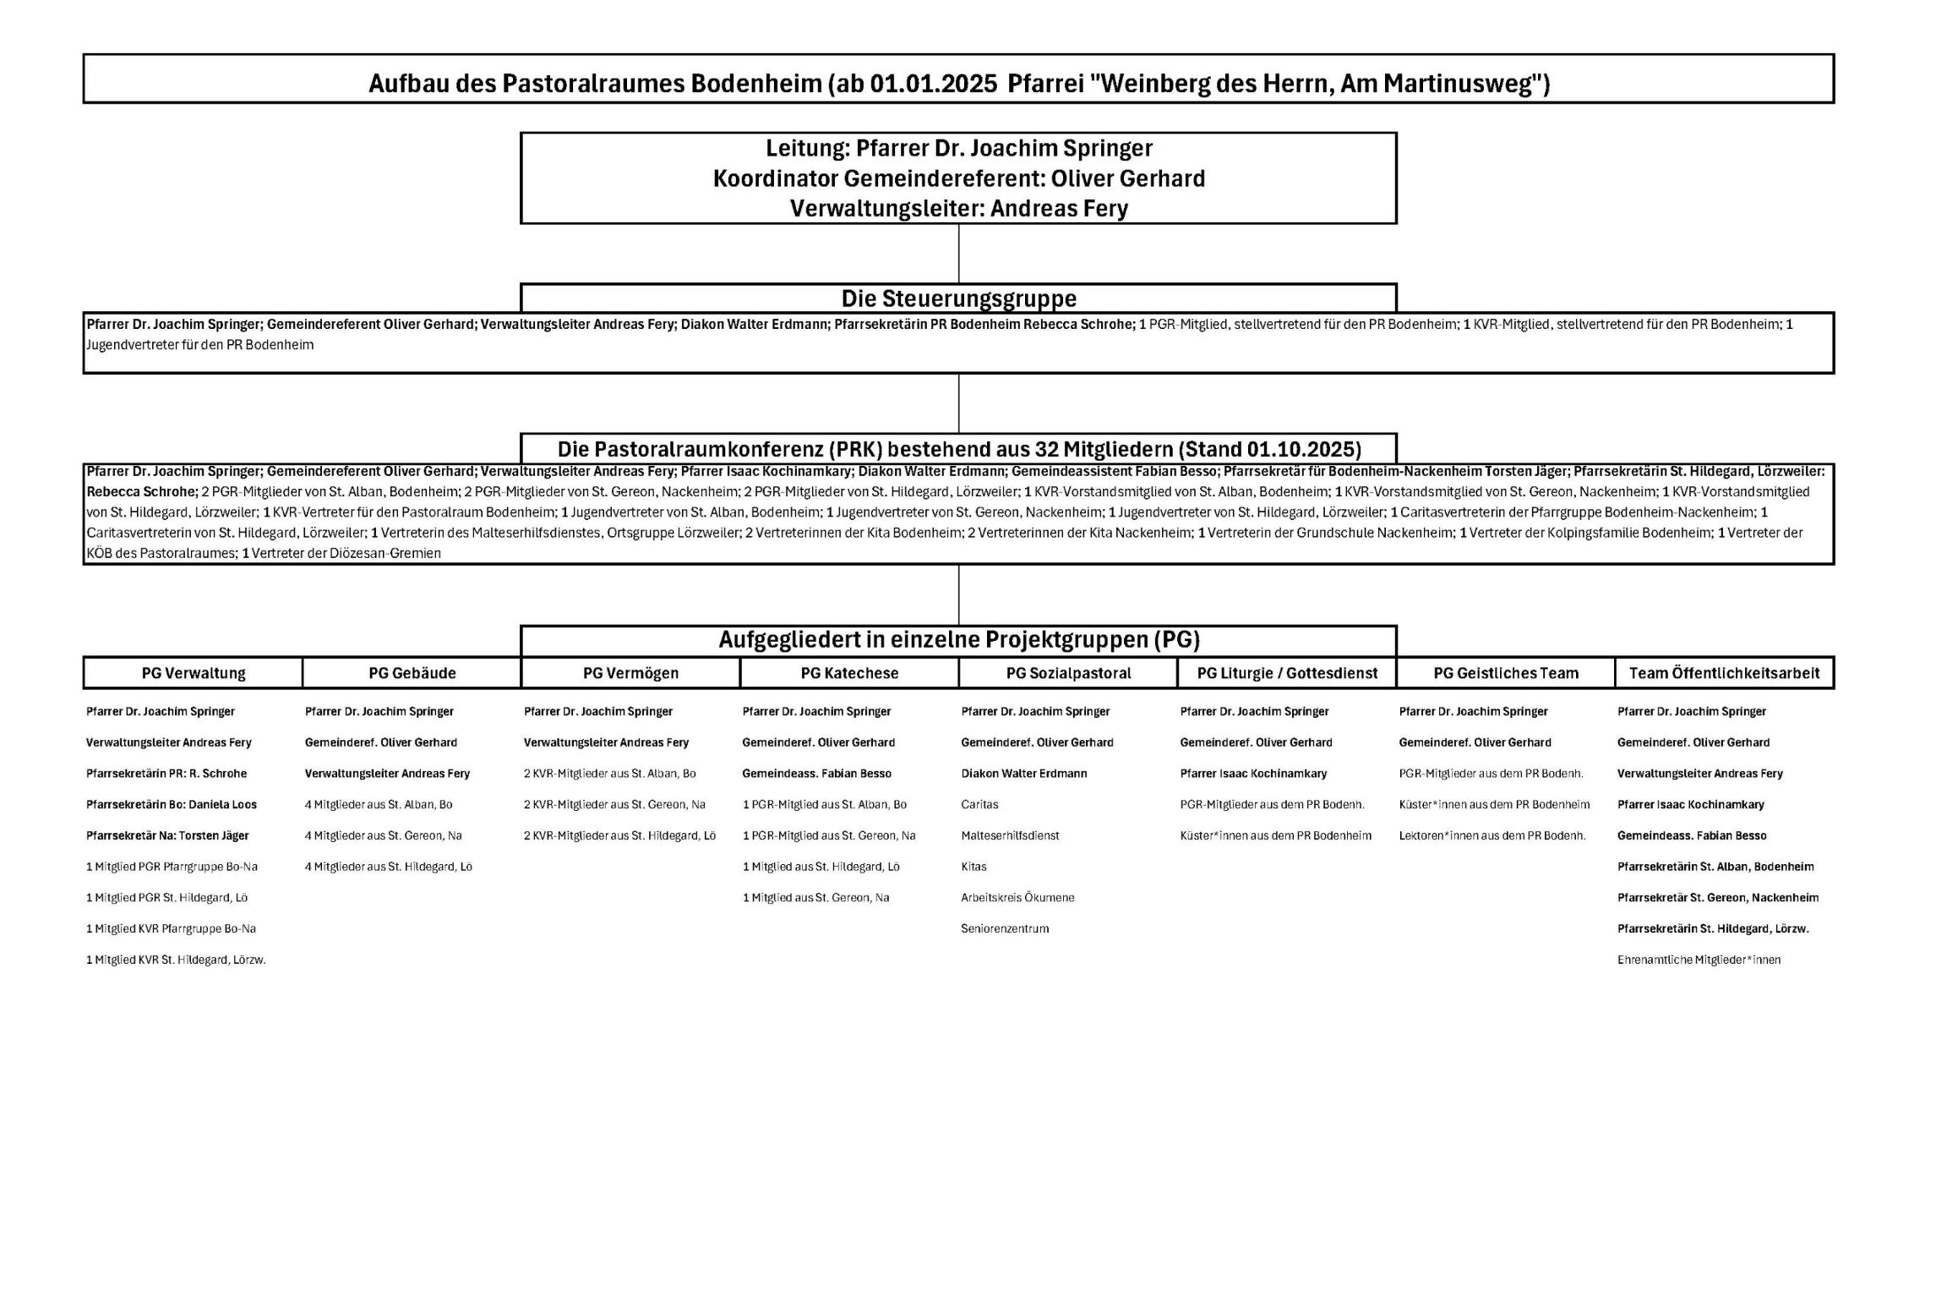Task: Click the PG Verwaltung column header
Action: coord(194,673)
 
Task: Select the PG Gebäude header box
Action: coord(412,673)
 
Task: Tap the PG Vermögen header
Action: coord(630,673)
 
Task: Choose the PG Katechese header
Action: coord(849,673)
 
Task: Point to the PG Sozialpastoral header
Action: coord(1068,673)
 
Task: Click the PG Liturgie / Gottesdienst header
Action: coord(1287,673)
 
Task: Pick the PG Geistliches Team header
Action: coord(1506,673)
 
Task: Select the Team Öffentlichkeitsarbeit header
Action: coord(1724,673)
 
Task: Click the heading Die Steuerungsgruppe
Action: coord(958,298)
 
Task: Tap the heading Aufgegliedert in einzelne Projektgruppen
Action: coord(958,640)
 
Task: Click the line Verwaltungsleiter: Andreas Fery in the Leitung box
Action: coord(958,208)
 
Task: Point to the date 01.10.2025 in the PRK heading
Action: coord(1302,449)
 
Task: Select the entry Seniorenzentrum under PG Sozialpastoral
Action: coord(1005,928)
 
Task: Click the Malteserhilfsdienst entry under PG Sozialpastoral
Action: coord(1010,835)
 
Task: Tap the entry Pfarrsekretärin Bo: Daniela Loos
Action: coord(172,804)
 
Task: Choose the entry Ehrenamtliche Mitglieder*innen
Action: coord(1699,960)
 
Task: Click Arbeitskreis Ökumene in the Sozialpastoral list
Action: coord(1017,897)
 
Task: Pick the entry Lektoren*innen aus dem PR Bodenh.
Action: coord(1492,835)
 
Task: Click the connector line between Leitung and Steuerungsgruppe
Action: coord(958,254)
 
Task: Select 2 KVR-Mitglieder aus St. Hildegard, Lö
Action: coord(619,835)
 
